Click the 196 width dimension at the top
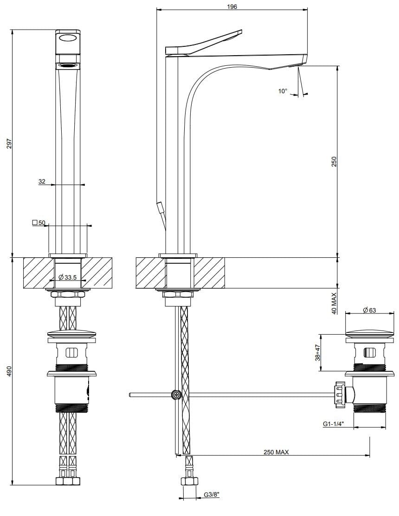coord(232,6)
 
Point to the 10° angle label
coord(283,91)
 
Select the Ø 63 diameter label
coord(369,310)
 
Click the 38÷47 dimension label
coord(317,352)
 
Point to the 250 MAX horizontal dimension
coord(276,452)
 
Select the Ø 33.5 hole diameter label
coord(68,277)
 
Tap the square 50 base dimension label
coord(39,223)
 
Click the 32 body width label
coord(42,182)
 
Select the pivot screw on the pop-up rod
coord(176,395)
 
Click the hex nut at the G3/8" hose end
coord(188,482)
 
